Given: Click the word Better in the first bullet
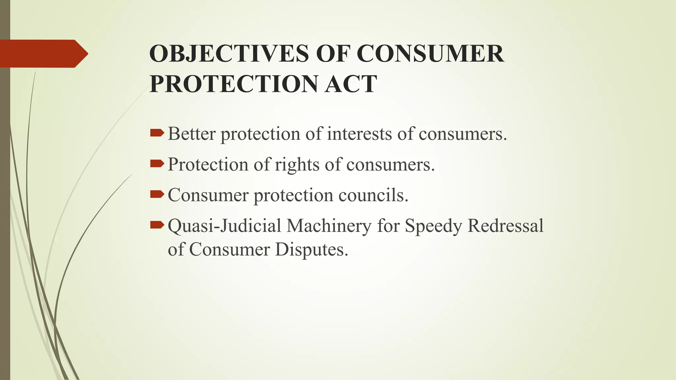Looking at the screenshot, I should (x=191, y=134).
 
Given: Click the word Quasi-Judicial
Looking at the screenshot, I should (x=224, y=226).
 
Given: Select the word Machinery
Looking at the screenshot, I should (x=329, y=226).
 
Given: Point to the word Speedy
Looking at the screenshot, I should (x=433, y=226).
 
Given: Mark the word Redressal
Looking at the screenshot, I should (x=505, y=226).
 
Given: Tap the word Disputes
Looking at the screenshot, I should (x=312, y=249).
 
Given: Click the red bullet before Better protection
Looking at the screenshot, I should (x=157, y=133).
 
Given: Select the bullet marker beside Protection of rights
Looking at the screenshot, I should (x=157, y=164).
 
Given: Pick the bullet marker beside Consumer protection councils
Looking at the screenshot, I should (x=157, y=194).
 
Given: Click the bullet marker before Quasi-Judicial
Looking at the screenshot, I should (x=157, y=225).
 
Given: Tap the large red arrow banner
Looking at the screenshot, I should (x=43, y=53).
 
